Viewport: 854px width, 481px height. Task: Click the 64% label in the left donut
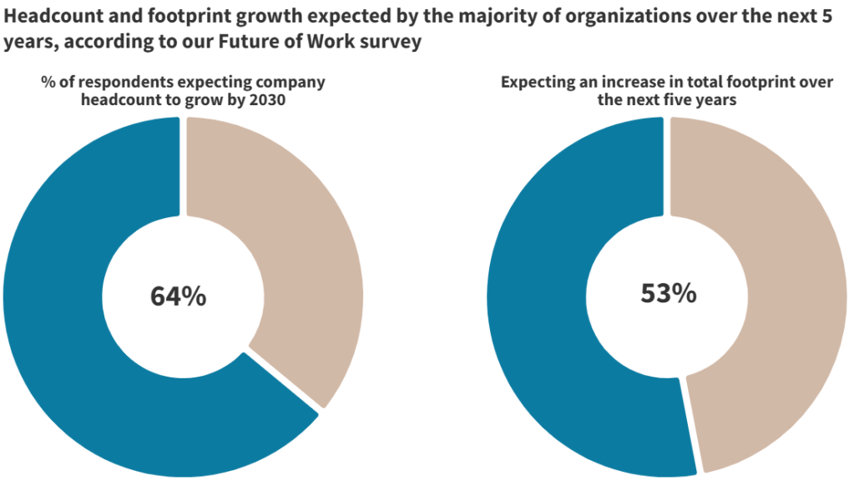(x=178, y=296)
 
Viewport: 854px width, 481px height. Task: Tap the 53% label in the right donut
(x=668, y=293)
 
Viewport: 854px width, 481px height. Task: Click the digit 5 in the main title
(x=838, y=17)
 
